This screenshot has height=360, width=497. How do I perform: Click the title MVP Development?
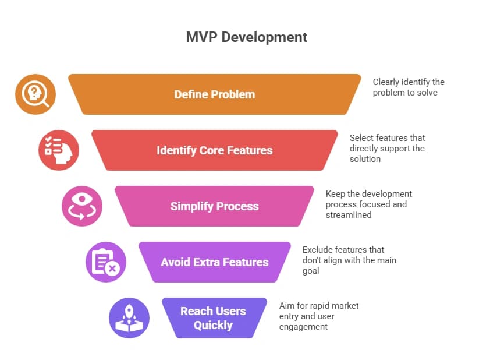click(247, 37)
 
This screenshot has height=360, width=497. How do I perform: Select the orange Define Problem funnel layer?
click(214, 94)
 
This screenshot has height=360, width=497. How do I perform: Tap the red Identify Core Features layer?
click(214, 150)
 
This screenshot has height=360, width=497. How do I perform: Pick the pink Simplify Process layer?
click(214, 206)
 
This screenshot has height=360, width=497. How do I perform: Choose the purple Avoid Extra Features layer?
click(214, 262)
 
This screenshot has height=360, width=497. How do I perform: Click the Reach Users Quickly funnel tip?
click(213, 318)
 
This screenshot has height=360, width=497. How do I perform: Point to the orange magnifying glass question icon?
click(35, 94)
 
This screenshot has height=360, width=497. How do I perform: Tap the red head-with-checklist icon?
click(59, 150)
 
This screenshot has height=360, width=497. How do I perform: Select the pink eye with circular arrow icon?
click(82, 206)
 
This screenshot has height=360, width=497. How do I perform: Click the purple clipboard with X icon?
click(106, 262)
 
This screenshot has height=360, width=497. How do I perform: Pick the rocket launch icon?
click(129, 318)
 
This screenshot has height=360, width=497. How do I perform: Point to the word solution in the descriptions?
click(365, 159)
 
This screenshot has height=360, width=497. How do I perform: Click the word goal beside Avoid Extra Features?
click(311, 271)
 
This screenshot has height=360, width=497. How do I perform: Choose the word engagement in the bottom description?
click(303, 327)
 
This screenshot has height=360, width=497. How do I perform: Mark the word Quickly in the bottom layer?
click(213, 325)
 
